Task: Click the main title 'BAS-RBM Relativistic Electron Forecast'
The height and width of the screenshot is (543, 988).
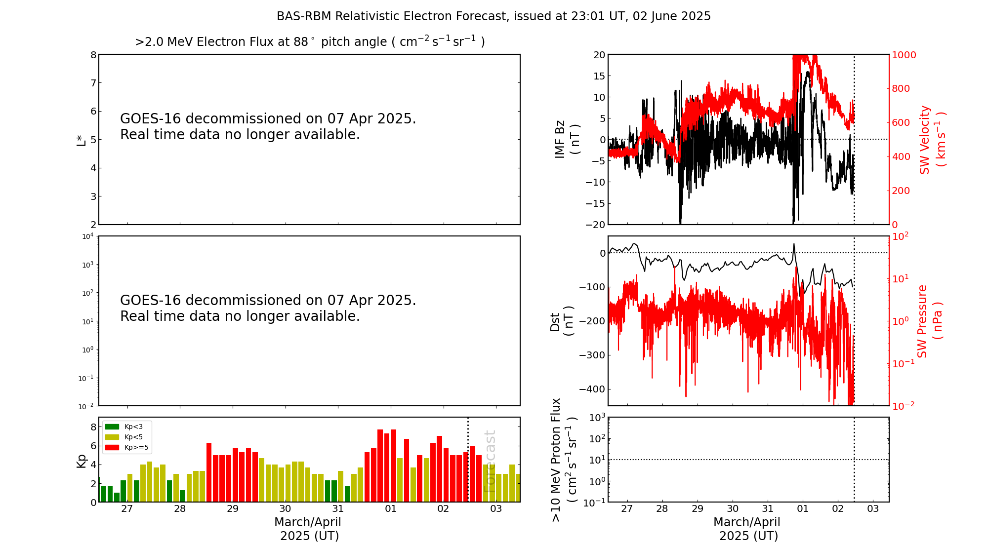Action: click(493, 16)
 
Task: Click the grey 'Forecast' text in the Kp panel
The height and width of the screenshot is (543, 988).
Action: click(490, 461)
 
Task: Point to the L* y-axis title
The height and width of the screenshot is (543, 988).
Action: click(82, 139)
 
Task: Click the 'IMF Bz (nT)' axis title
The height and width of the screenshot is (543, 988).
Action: click(567, 139)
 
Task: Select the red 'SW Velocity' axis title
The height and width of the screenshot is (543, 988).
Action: click(932, 139)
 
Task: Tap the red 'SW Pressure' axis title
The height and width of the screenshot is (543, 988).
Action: click(929, 321)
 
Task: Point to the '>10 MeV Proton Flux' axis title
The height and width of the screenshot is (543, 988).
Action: click(563, 460)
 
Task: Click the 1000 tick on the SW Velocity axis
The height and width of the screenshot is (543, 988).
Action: click(904, 55)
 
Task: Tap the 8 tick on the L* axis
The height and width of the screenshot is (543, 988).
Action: click(93, 55)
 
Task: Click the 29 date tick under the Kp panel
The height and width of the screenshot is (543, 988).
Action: click(233, 509)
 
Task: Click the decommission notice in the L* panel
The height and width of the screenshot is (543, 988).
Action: click(268, 126)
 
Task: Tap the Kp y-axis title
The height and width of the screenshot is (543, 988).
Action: click(82, 461)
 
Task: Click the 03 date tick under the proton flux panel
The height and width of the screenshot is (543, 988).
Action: click(873, 509)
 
